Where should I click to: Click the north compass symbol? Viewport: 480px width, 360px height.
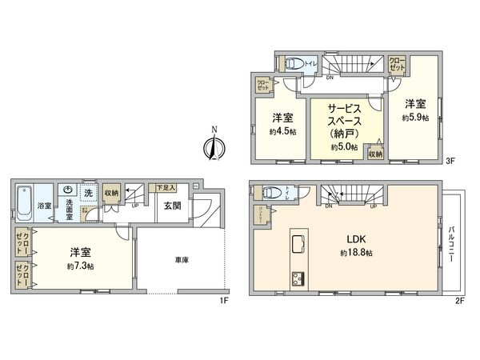coord(211,146)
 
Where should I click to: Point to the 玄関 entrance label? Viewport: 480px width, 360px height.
coord(173,206)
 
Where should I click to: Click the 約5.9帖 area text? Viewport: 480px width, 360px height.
coord(415,118)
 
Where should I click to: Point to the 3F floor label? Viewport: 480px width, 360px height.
coord(450,160)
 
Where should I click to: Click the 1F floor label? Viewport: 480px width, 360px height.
coord(226,301)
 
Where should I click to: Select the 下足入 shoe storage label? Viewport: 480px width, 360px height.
coord(166,186)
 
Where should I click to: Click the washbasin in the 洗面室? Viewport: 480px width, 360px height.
coord(69,190)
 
